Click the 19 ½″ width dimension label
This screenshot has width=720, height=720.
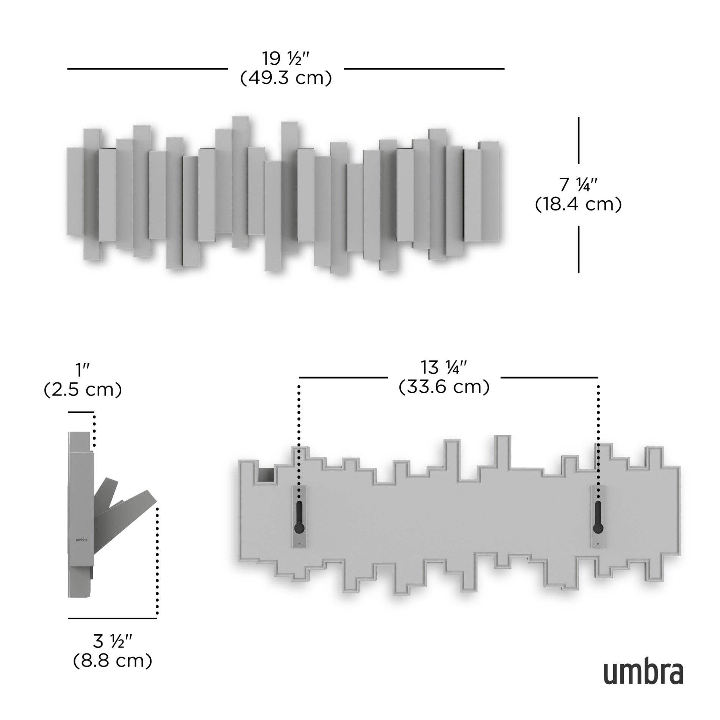(286, 58)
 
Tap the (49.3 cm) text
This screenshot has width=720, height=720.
(286, 78)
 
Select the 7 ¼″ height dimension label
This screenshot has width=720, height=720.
(578, 185)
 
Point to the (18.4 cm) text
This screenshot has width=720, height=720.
(578, 205)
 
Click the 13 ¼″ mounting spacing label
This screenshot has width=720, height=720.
(444, 367)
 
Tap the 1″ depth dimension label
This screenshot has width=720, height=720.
(83, 370)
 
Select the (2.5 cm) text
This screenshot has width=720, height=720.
(83, 390)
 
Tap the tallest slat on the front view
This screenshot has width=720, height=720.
(240, 182)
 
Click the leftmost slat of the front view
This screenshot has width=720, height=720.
(75, 191)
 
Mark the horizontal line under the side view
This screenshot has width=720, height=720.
(113, 618)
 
